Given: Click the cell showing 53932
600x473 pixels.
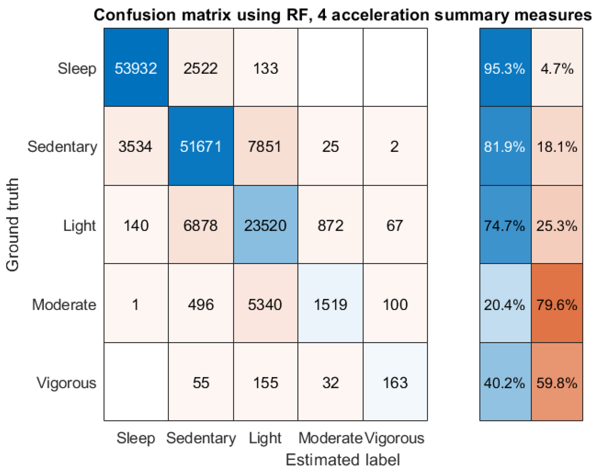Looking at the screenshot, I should [136, 68].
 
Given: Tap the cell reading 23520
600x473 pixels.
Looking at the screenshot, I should [265, 225].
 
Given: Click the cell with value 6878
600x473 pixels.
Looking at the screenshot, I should [201, 225].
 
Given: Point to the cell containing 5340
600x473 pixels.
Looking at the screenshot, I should [265, 305].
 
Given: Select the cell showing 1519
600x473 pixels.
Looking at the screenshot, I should [330, 305].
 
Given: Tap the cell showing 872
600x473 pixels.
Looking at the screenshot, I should [330, 225].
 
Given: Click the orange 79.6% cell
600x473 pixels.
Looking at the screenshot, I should [557, 305].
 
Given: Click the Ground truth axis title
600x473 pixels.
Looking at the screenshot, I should [12, 225].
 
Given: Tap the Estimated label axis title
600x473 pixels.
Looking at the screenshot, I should [343, 460].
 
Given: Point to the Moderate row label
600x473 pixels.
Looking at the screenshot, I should [64, 305].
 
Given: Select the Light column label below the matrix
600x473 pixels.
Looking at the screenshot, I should [265, 438].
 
